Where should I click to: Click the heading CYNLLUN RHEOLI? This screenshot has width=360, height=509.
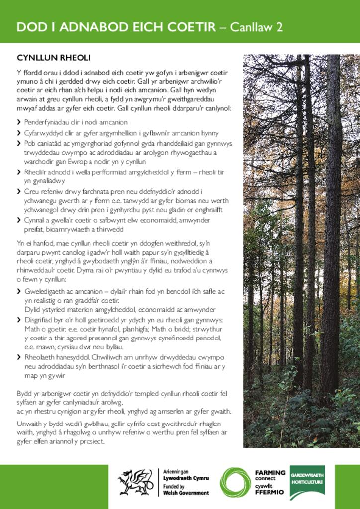(53, 58)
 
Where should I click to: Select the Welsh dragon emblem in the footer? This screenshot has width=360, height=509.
(135, 482)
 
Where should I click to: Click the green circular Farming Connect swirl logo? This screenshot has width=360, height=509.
(236, 482)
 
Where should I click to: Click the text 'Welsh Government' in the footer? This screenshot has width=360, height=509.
(186, 493)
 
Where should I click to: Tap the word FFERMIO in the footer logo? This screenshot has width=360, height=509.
(270, 492)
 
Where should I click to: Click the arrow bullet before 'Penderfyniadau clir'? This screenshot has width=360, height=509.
(19, 122)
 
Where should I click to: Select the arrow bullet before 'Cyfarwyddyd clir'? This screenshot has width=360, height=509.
(19, 133)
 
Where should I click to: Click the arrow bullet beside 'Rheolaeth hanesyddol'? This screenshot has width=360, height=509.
(19, 357)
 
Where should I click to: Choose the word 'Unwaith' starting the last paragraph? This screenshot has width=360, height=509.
(30, 423)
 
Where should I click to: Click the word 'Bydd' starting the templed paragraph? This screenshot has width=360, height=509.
(24, 393)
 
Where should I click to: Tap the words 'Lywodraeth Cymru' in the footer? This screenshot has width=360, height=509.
(186, 478)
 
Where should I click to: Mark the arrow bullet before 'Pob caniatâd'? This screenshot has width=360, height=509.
(19, 144)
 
